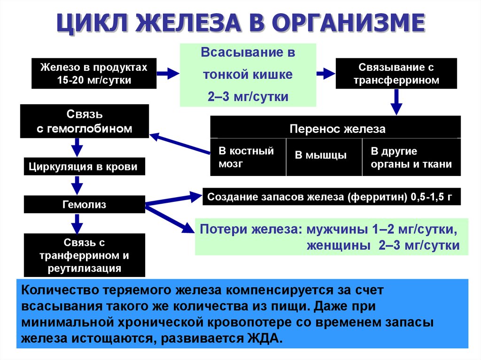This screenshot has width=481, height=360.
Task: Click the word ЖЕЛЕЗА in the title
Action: (x=188, y=23)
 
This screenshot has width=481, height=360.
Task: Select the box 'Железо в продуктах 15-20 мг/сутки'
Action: (x=94, y=74)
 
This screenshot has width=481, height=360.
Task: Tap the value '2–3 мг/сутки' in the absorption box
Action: (x=248, y=97)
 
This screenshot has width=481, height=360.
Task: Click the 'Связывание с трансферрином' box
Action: (x=396, y=74)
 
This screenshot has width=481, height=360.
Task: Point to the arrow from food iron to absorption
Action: (x=168, y=74)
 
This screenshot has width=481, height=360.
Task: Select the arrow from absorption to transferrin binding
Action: (x=326, y=74)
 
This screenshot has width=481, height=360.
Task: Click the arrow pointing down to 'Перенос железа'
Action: (x=396, y=102)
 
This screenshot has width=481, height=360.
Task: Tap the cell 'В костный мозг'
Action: (x=248, y=157)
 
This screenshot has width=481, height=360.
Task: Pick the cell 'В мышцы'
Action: (x=324, y=157)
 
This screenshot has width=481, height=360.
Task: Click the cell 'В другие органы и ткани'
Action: (x=411, y=157)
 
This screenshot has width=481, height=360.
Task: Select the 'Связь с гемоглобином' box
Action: (x=85, y=121)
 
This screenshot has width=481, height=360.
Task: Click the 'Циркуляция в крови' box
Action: (x=85, y=167)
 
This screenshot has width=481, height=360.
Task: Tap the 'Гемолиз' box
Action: (x=85, y=204)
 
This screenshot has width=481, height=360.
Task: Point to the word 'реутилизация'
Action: (x=85, y=268)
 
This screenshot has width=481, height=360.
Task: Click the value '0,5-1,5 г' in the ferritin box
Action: (x=431, y=197)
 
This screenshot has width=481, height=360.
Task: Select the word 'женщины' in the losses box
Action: (x=339, y=245)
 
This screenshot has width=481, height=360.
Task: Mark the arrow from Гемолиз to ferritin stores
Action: (x=174, y=199)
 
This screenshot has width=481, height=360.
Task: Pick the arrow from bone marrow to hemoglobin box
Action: (x=180, y=143)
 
